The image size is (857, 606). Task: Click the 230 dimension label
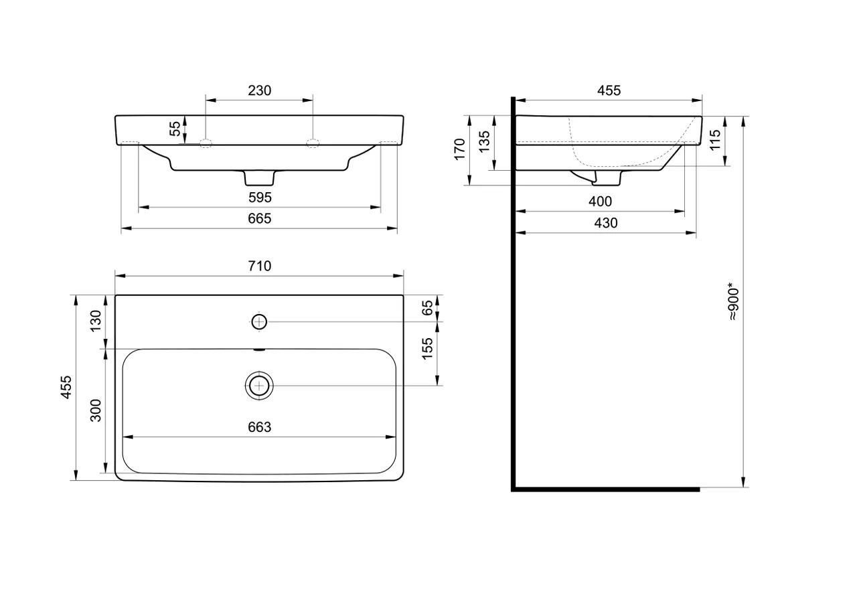tap(259, 90)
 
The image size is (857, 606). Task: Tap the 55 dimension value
tap(175, 129)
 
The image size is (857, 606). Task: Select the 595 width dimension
tap(260, 198)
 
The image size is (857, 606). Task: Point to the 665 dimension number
tap(259, 218)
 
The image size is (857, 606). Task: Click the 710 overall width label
tap(259, 266)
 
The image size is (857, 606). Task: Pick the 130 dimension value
tap(96, 321)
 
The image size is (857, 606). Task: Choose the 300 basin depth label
tap(96, 410)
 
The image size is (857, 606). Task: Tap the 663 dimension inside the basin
tap(259, 427)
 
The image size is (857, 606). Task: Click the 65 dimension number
tap(427, 308)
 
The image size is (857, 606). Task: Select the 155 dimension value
tap(427, 348)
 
